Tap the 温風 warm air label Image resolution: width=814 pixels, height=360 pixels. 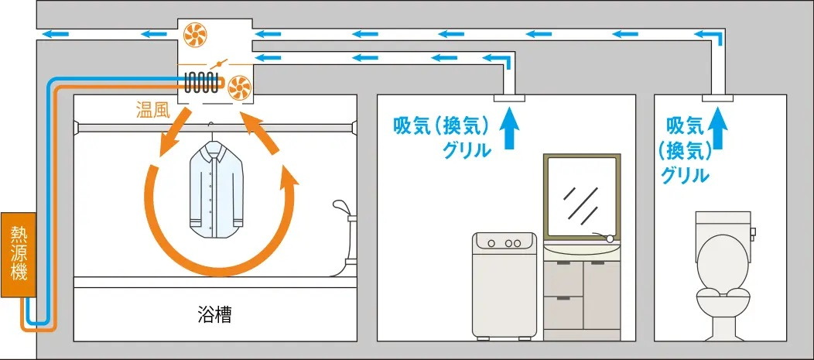coord(152,111)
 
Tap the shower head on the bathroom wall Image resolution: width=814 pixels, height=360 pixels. coord(340,207)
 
